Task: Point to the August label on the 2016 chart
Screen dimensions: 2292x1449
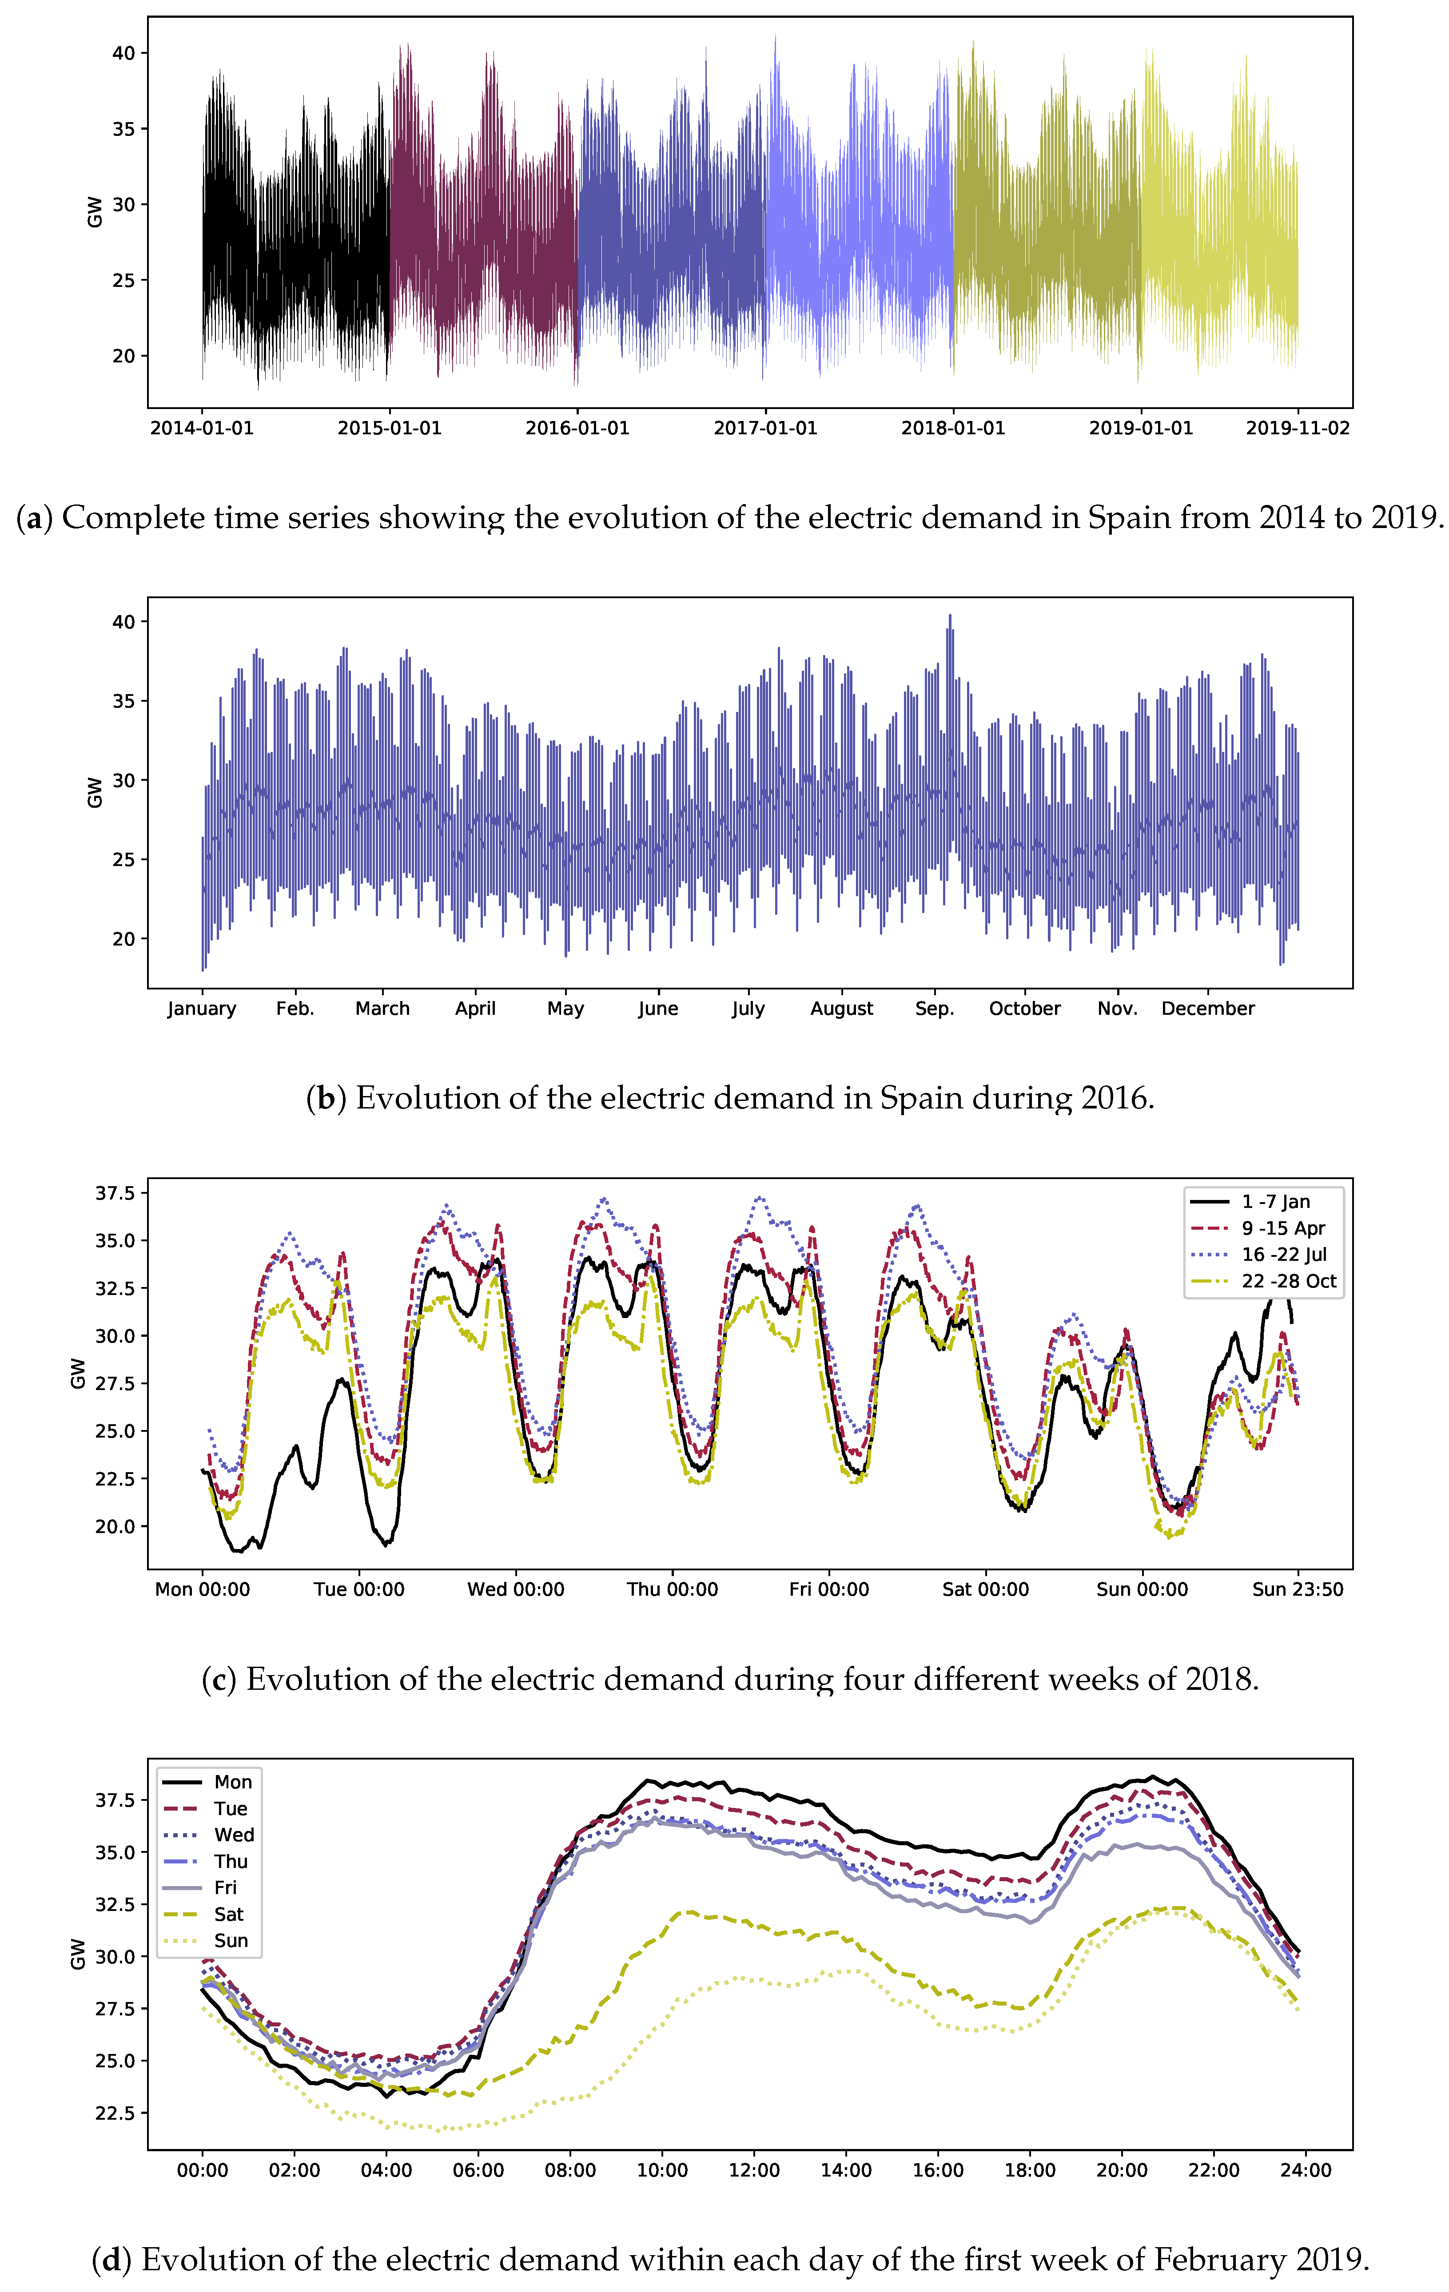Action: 842,1009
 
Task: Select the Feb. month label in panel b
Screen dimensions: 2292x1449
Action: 295,1009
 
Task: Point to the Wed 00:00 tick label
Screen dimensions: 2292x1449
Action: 515,1589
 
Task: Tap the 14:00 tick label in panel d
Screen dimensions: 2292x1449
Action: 845,2170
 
